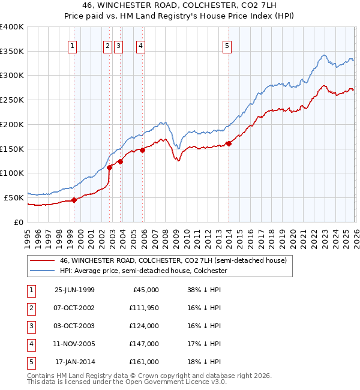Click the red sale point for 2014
(229, 143)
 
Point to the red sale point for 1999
(74, 200)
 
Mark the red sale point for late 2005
(143, 151)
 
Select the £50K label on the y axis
(14, 197)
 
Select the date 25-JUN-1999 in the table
(74, 289)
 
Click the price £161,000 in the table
(144, 362)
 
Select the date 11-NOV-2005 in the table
(74, 344)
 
